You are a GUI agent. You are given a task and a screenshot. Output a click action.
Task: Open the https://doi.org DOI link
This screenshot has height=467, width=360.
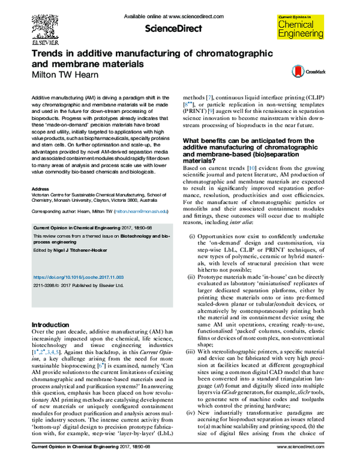(x=74, y=277)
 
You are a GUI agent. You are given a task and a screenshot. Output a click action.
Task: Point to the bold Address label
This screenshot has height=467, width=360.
(x=39, y=188)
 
